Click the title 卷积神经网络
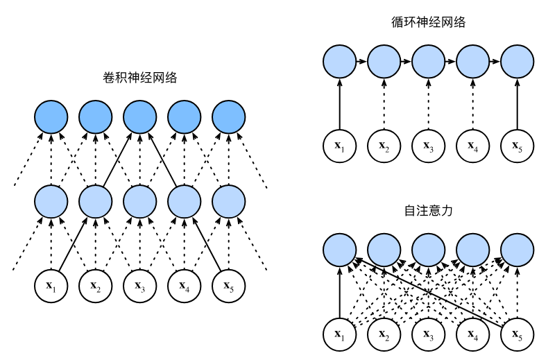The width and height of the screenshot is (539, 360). tap(139, 78)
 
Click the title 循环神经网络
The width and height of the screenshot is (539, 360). tap(428, 22)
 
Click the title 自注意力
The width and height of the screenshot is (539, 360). tap(428, 210)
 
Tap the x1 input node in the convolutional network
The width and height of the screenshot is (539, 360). tap(51, 284)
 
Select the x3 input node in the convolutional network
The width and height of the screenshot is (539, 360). tap(139, 284)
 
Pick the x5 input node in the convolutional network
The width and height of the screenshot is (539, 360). tap(228, 284)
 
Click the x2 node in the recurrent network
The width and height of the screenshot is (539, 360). tap(384, 146)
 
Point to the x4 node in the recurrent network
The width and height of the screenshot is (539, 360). tap(472, 146)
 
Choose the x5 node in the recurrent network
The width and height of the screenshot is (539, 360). tap(517, 146)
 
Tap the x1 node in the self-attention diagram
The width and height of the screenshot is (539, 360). tap(339, 334)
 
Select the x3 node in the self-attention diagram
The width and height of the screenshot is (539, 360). tap(428, 334)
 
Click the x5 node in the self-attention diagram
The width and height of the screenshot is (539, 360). tap(517, 334)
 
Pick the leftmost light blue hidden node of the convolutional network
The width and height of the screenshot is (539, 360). tap(51, 201)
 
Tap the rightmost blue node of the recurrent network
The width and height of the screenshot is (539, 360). tap(517, 62)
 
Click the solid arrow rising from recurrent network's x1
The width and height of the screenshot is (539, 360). tap(339, 104)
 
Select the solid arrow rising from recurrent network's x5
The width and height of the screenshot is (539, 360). tap(517, 104)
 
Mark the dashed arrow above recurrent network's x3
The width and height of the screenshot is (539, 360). tap(428, 104)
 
